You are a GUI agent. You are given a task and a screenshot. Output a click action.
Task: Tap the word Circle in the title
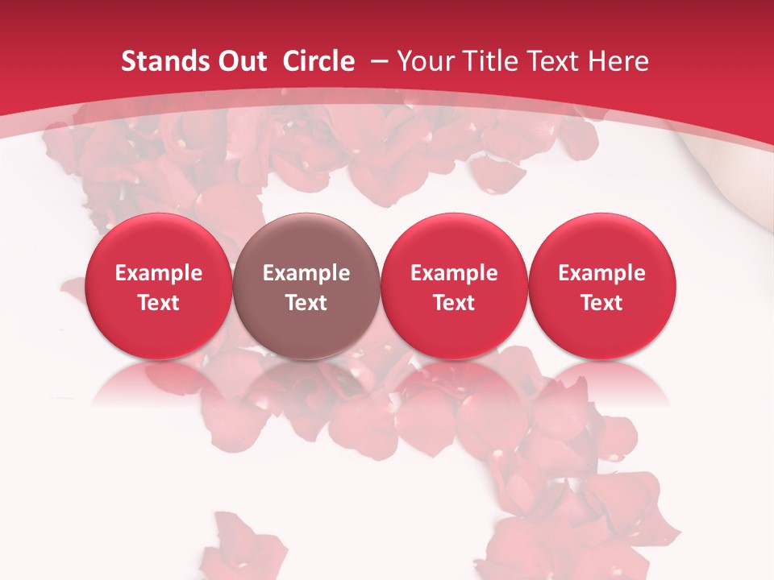click(318, 61)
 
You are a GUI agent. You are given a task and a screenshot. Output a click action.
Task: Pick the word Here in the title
click(619, 61)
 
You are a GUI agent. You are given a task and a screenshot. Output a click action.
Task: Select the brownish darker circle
click(306, 286)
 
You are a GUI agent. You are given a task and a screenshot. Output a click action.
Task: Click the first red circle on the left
click(158, 286)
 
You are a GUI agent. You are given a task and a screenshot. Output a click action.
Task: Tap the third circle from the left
click(454, 286)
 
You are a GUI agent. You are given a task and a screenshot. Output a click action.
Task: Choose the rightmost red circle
click(601, 286)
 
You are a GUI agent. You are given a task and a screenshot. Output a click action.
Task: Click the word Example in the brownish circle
click(306, 273)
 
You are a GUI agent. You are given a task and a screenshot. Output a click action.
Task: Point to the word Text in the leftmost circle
click(158, 303)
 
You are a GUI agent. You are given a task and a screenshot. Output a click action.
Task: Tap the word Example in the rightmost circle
click(601, 273)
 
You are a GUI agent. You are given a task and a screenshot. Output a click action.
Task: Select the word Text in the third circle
click(454, 303)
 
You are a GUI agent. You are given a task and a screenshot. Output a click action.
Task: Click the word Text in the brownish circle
click(306, 303)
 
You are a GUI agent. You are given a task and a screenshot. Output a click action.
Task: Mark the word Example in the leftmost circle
click(158, 273)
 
